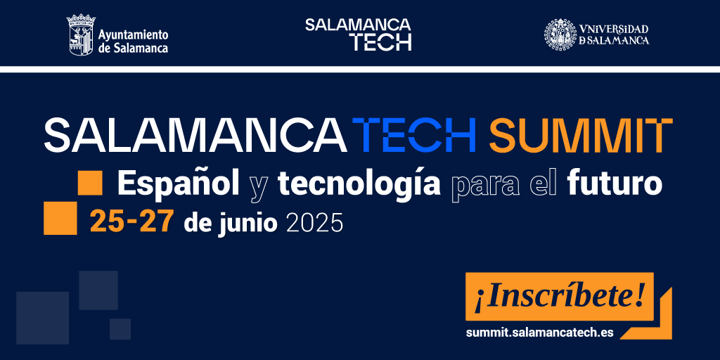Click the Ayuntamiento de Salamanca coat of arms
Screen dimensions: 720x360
(81, 34)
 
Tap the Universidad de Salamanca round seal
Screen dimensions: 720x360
(560, 34)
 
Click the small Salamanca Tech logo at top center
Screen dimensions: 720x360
(358, 34)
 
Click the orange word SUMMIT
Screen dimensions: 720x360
(581, 136)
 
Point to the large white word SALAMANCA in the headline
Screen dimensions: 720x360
(195, 136)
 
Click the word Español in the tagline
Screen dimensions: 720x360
(178, 184)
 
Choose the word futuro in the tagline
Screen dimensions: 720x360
(615, 184)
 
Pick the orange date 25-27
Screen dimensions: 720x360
(131, 221)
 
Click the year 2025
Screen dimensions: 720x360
(314, 222)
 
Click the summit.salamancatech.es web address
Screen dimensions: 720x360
(539, 333)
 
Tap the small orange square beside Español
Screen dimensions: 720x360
(90, 183)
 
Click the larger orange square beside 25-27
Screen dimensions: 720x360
(60, 218)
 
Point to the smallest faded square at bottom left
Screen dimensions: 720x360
(120, 329)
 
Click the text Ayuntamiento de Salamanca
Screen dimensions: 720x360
(133, 41)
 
